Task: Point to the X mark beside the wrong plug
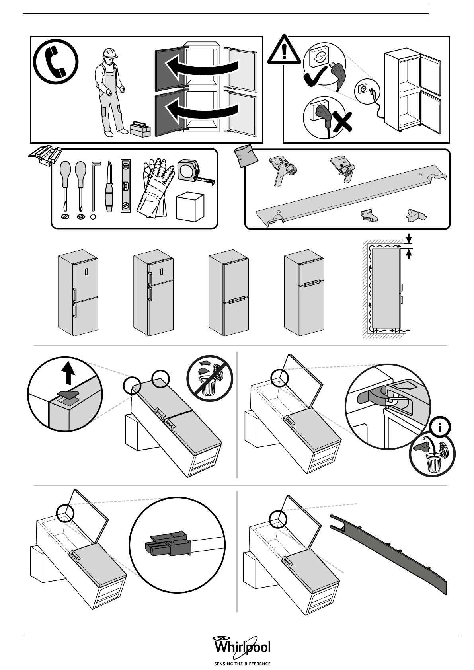click(x=343, y=121)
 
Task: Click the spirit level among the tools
click(x=126, y=185)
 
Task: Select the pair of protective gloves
click(x=157, y=187)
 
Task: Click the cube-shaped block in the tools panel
click(x=190, y=206)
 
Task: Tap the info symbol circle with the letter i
click(x=440, y=428)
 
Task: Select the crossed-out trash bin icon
click(x=210, y=378)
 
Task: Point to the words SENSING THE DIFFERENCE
click(x=242, y=664)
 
